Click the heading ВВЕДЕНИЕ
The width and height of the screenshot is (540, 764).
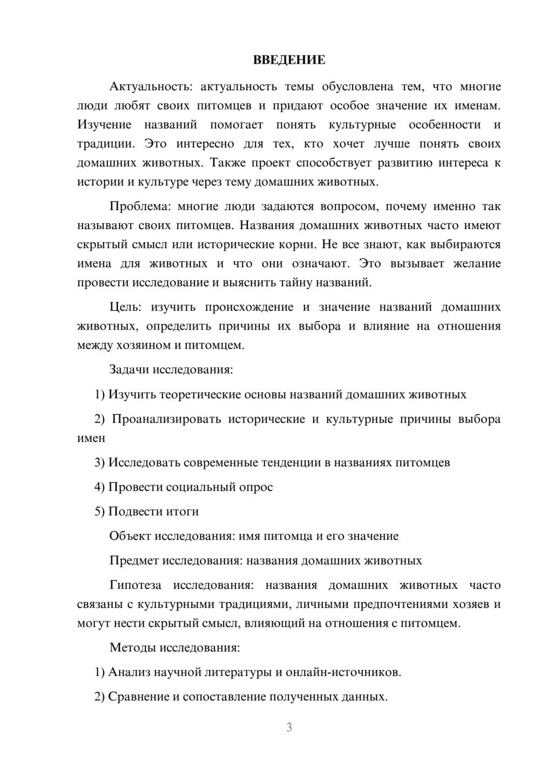(289, 60)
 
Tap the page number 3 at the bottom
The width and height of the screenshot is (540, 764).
(289, 727)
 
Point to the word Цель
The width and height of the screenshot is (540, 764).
(125, 307)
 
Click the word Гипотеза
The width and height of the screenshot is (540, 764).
(135, 585)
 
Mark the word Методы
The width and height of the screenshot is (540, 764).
(132, 647)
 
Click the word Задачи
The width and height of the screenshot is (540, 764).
(129, 370)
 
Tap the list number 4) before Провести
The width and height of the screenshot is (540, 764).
(99, 487)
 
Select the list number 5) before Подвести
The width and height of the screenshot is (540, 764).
(99, 511)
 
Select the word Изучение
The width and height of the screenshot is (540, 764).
(104, 125)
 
